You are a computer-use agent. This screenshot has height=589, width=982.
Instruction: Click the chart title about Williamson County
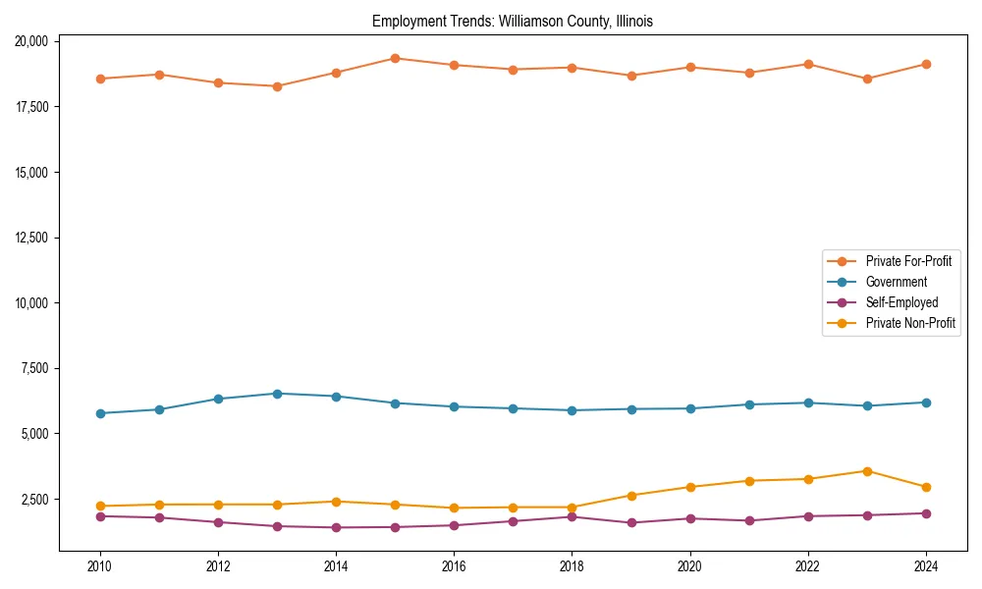[513, 21]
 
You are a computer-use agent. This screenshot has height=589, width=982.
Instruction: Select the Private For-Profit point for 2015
[395, 58]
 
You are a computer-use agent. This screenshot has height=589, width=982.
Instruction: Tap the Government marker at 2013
[277, 394]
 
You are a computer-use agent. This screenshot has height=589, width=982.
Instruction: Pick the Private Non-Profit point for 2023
[867, 471]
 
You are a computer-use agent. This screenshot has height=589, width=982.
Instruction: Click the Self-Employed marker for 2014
[336, 527]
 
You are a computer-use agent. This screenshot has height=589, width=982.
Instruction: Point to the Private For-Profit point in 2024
[926, 64]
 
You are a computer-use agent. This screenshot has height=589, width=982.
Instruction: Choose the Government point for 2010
[100, 413]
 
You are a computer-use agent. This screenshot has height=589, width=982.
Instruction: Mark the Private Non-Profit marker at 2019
[631, 496]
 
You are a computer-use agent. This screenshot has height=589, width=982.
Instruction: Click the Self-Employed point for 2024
[926, 513]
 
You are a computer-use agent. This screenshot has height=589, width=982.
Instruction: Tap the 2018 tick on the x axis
[572, 565]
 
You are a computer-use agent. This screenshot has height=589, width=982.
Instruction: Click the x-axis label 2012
[218, 565]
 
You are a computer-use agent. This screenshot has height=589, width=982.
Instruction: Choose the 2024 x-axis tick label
[926, 565]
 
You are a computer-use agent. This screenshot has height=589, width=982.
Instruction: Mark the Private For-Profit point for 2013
[277, 86]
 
